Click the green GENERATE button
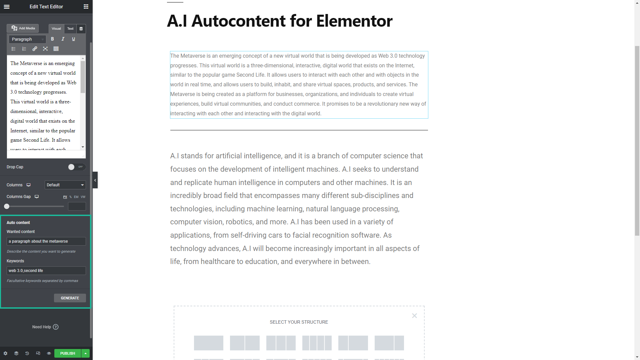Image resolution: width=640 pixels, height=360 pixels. tap(70, 298)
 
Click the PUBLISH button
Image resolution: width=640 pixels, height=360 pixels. tap(68, 353)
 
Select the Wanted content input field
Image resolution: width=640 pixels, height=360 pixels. tap(46, 241)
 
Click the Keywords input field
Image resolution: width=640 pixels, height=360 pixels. tap(46, 271)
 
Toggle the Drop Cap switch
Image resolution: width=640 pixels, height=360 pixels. tap(76, 167)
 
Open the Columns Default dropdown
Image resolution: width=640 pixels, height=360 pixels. tap(65, 185)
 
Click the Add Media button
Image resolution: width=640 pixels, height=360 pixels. tap(23, 28)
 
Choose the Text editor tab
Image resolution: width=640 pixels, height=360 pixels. tap(70, 29)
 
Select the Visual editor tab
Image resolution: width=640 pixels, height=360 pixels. tap(56, 29)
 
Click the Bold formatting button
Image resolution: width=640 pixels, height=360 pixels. tap(52, 39)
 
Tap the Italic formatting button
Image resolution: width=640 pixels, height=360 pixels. tap(63, 39)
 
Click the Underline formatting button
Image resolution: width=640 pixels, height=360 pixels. tap(73, 39)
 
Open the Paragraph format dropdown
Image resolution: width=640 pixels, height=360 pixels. tap(27, 39)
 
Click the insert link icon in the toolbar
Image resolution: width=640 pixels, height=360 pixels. tap(35, 49)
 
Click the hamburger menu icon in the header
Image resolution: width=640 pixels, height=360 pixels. tap(7, 7)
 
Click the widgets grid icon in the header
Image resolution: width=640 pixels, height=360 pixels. tap(86, 7)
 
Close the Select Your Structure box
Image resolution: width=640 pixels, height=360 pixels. tap(414, 316)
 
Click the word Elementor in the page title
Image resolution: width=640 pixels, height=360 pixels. tap(354, 21)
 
